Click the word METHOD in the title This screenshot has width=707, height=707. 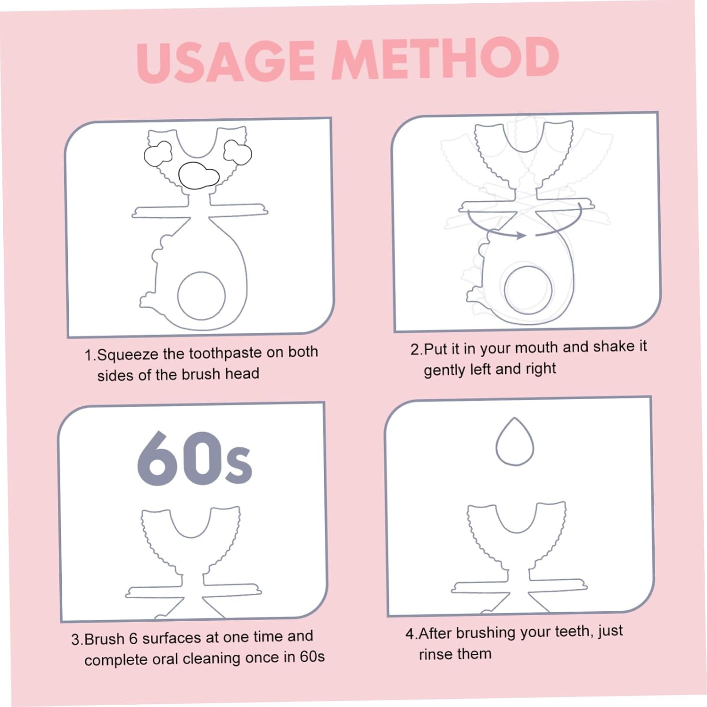click(x=445, y=58)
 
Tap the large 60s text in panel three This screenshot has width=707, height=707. click(x=195, y=458)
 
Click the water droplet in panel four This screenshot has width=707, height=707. click(x=515, y=442)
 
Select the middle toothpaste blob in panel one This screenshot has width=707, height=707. click(x=198, y=175)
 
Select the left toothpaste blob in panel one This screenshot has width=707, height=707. click(x=157, y=154)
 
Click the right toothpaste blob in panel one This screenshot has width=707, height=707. click(x=237, y=152)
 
